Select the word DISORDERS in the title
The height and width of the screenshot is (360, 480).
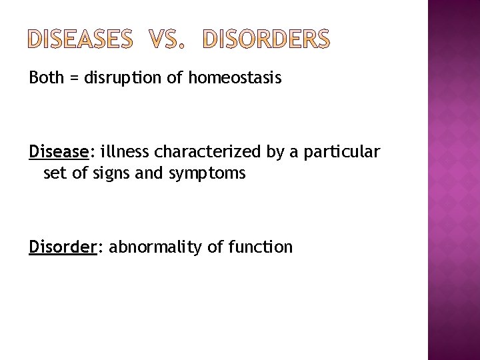pos(265,41)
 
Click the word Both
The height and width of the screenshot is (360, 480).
pos(45,79)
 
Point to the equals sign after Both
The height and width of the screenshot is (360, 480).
pos(72,79)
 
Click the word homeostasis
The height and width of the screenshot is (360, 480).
pos(235,79)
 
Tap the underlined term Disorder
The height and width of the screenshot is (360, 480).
pos(63,247)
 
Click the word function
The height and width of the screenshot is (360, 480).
pos(260,247)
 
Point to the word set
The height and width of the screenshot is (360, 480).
pos(53,174)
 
